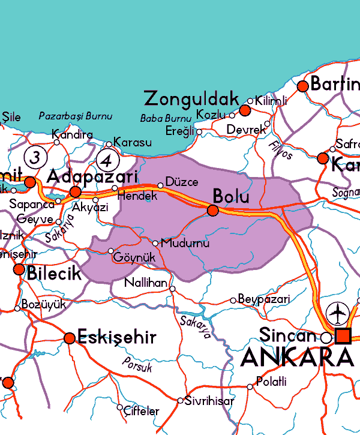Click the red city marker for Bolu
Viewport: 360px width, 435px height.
tap(213, 210)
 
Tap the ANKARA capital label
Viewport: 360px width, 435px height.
tap(297, 357)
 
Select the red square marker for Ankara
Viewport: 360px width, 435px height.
tap(343, 336)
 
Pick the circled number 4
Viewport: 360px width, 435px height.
tap(107, 161)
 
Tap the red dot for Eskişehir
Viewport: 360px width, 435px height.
tap(70, 338)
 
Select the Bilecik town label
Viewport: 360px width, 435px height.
tap(54, 274)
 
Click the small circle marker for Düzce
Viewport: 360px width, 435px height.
tap(160, 185)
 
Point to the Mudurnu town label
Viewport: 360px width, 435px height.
tap(185, 244)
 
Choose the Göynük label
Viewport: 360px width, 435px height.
tap(134, 257)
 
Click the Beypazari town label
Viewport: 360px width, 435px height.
tap(264, 299)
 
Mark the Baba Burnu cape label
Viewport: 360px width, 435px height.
tap(166, 118)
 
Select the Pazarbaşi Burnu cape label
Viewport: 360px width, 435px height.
tap(76, 115)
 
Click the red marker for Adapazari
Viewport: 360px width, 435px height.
tap(75, 192)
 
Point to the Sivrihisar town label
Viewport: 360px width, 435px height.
tap(209, 401)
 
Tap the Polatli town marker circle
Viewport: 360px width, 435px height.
tap(250, 387)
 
